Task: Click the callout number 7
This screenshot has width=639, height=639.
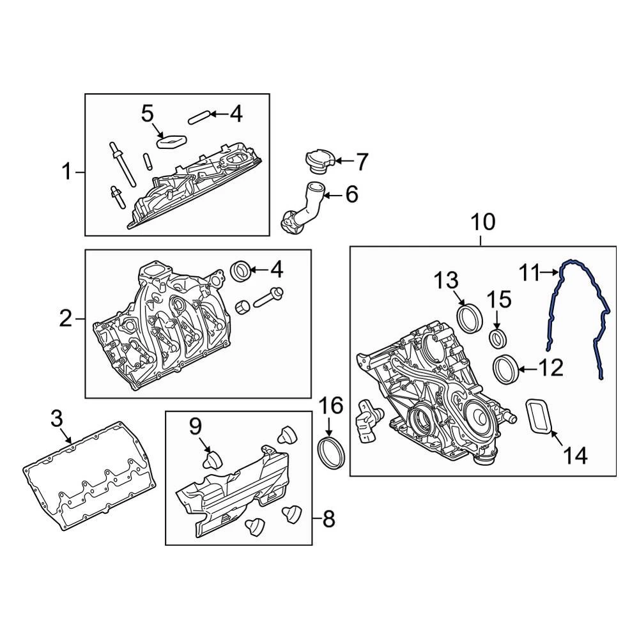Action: (362, 162)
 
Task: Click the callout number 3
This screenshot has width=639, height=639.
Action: (56, 419)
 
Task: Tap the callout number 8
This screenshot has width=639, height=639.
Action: (328, 519)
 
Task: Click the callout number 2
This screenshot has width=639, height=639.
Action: (66, 318)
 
